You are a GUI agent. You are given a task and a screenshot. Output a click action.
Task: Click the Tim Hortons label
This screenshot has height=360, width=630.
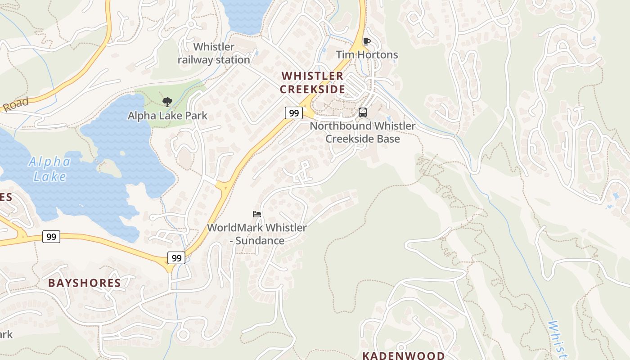click(367, 55)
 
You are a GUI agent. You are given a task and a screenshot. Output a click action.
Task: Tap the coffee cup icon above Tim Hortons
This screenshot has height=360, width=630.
click(366, 42)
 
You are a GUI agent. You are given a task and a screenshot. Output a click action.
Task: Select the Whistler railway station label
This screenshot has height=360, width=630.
click(214, 53)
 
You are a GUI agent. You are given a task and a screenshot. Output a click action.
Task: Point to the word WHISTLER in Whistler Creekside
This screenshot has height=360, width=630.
click(312, 76)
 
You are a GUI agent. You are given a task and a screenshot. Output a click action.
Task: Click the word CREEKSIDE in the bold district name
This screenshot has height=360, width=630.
click(312, 89)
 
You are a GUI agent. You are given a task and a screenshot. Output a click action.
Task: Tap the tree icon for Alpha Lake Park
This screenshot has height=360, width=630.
click(167, 102)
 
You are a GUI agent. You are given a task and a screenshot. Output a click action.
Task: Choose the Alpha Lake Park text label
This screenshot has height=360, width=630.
click(167, 116)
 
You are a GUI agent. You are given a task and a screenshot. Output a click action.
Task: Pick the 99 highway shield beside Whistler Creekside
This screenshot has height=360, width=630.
click(293, 113)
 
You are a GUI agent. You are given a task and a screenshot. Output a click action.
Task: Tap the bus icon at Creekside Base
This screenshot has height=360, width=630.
click(363, 112)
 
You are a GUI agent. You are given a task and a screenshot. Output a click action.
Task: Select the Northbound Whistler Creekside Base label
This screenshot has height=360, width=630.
click(363, 132)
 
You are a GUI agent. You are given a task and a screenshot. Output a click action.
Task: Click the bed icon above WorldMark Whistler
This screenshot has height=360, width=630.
click(257, 214)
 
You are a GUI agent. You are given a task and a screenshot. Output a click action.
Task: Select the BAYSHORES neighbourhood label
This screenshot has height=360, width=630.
click(85, 283)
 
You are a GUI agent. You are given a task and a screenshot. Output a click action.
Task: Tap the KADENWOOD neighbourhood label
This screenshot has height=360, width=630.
click(403, 355)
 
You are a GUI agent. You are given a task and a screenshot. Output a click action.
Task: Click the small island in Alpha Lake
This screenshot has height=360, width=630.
click(108, 167)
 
